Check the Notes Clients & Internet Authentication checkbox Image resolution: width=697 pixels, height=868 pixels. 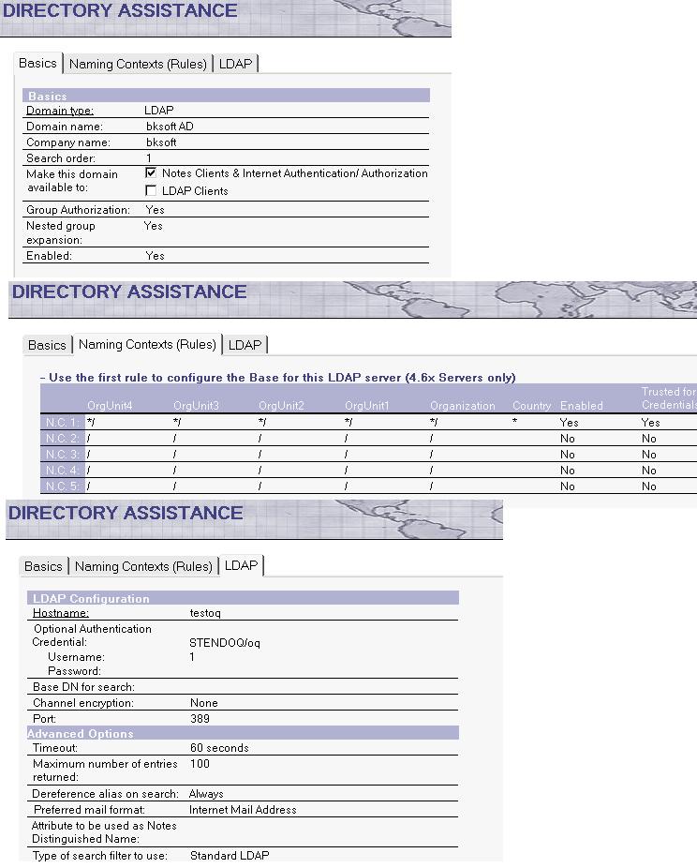[151, 173]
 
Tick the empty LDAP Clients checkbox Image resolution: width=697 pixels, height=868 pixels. [151, 191]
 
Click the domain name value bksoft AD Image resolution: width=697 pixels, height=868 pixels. [169, 127]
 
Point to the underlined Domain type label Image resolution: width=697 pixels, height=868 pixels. [60, 111]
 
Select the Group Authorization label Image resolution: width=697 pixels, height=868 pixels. [78, 210]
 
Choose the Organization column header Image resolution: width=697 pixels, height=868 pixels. [462, 406]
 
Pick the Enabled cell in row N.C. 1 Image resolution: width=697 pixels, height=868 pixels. [569, 423]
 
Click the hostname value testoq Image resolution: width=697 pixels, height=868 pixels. [204, 613]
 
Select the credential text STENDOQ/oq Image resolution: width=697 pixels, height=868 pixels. [225, 643]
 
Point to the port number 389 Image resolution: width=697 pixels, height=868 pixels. [200, 719]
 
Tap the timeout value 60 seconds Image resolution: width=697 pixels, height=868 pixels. [219, 748]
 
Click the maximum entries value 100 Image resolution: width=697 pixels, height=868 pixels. [200, 765]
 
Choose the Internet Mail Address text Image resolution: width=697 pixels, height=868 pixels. [243, 810]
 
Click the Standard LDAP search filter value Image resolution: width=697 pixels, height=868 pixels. [230, 856]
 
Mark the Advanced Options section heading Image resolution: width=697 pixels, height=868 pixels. [81, 734]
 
